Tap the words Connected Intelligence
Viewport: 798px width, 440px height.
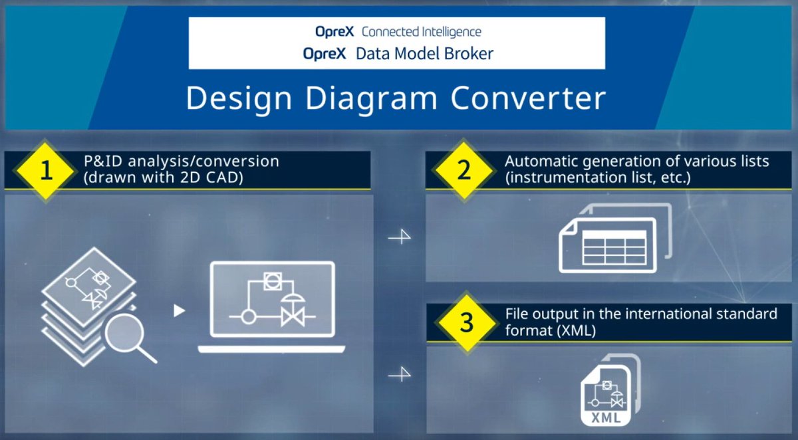coord(421,32)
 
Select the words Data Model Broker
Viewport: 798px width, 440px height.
coord(424,54)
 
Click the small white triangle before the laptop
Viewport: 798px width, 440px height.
coord(179,310)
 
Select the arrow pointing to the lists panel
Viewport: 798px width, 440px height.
coord(399,237)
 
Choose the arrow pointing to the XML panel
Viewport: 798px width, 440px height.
coord(399,376)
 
